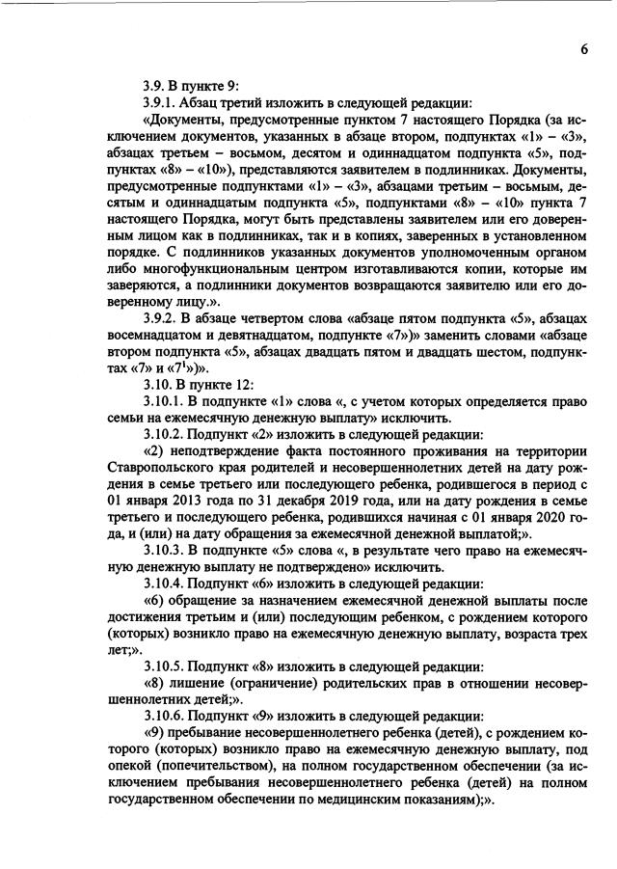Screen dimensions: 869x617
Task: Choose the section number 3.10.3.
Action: coord(163,549)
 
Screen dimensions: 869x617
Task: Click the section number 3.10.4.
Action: coord(163,584)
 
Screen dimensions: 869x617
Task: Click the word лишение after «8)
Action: coord(201,687)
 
